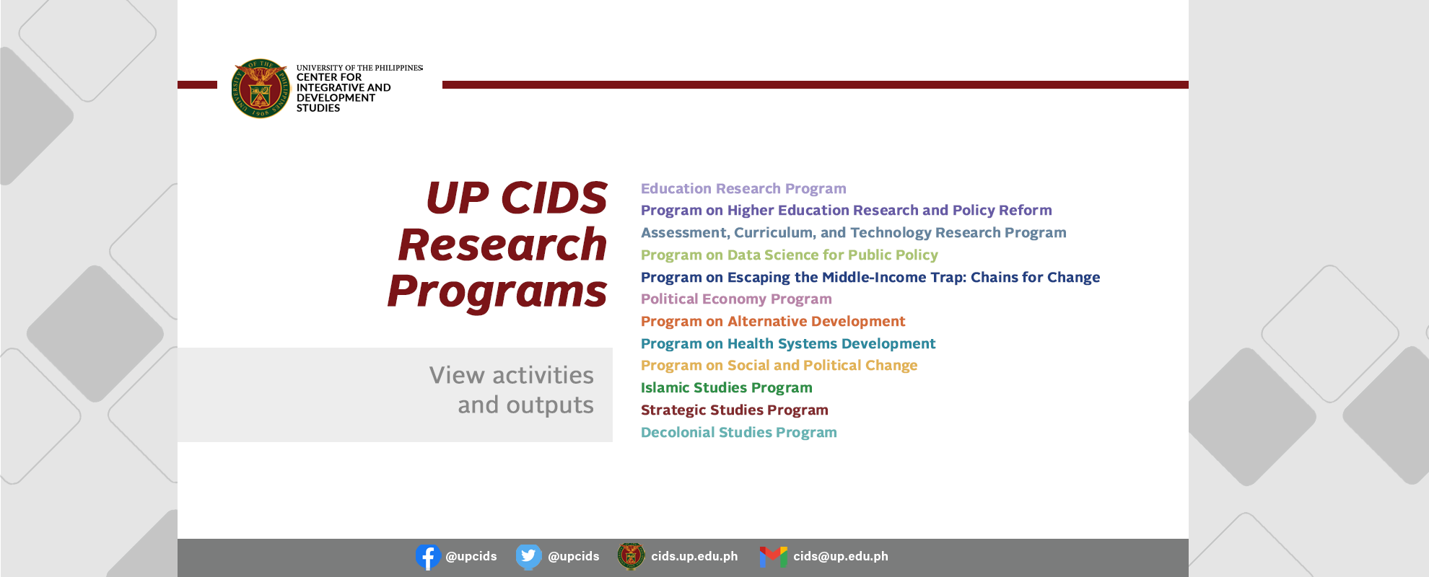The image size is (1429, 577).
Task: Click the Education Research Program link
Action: point(743,189)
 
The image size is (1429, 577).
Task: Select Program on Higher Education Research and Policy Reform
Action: point(847,211)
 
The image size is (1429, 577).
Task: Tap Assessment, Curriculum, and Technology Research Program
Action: point(854,233)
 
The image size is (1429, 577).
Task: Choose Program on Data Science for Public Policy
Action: point(790,255)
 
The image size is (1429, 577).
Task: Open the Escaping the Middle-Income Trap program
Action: point(870,278)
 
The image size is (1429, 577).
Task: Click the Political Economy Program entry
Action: point(736,299)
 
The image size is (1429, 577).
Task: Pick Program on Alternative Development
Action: point(773,322)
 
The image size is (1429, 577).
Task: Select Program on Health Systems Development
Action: point(788,344)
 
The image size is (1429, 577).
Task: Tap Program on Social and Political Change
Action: point(779,366)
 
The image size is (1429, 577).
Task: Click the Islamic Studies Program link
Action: point(727,388)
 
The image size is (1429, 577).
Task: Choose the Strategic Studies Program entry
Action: point(735,410)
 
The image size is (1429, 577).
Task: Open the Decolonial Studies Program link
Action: point(739,433)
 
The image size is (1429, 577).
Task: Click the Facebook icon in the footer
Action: point(428,557)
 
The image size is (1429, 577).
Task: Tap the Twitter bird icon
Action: point(529,557)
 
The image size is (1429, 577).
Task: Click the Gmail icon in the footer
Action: point(773,557)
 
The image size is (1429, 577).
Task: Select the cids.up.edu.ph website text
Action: point(694,556)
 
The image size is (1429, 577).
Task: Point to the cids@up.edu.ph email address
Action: point(841,556)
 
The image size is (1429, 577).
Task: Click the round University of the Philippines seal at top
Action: point(261,89)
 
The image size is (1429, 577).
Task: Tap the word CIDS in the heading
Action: point(554,198)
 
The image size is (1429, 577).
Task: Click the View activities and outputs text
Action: point(512,390)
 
